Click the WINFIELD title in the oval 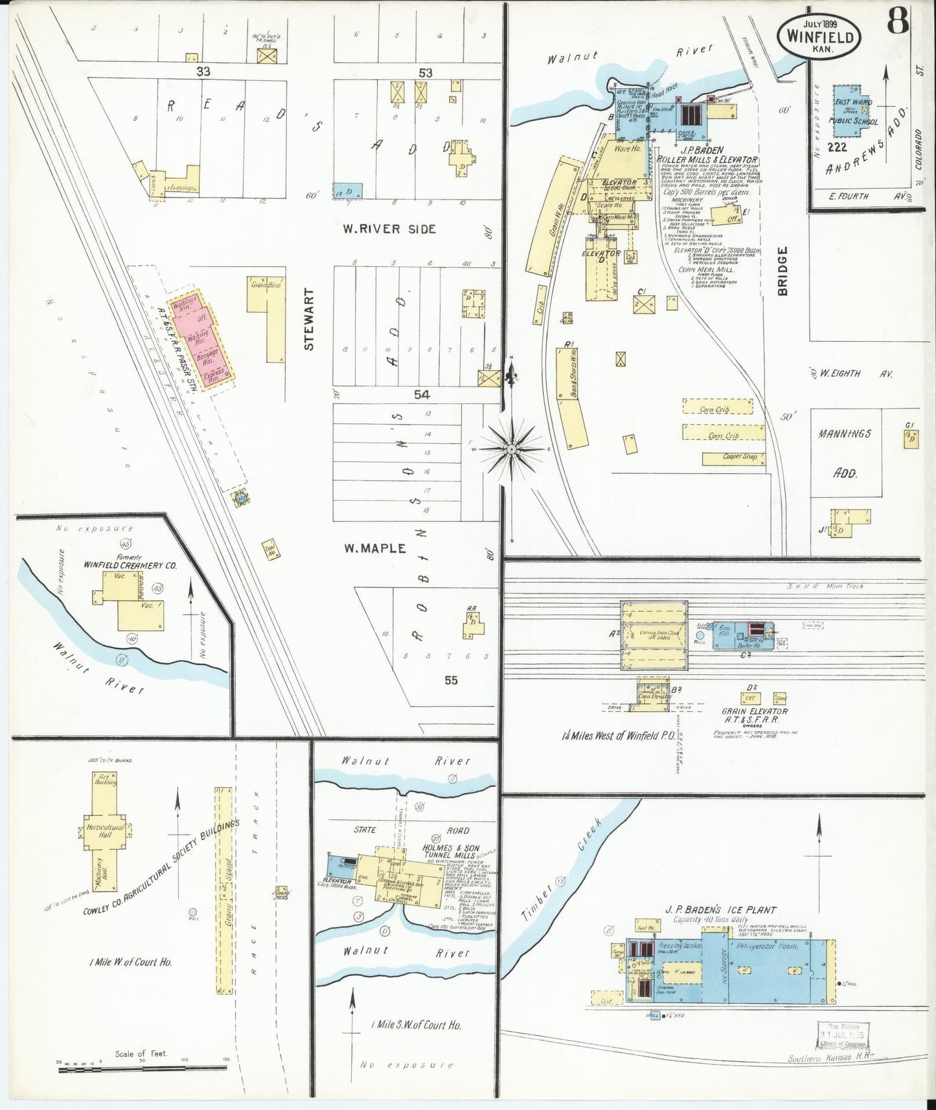tap(819, 36)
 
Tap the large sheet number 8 tap(898, 21)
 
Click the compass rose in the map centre tap(511, 448)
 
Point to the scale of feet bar tap(143, 1070)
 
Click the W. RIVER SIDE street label tap(389, 229)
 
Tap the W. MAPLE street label tap(374, 549)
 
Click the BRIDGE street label tap(782, 271)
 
